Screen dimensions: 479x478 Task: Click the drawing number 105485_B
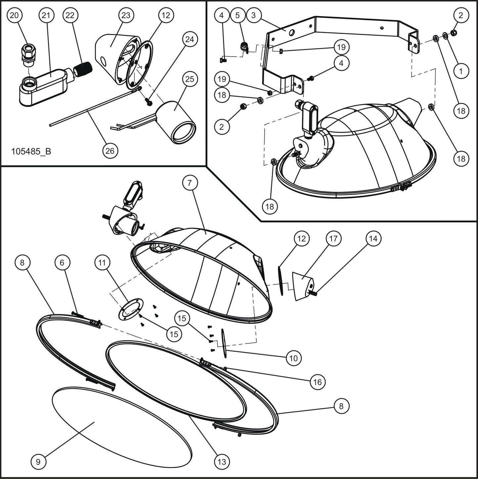coord(31,152)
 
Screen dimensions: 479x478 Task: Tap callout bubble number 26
coord(110,151)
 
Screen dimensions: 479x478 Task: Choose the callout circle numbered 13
coord(222,461)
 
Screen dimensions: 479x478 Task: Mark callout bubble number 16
coord(317,382)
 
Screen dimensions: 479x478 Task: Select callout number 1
coord(461,70)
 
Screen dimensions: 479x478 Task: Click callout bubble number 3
coord(253,15)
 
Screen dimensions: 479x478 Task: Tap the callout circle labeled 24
coord(190,39)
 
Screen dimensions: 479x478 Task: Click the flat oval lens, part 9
coord(122,423)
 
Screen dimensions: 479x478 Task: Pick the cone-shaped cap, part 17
coord(303,285)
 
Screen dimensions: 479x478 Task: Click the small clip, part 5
coord(244,47)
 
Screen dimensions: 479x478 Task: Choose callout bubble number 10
coord(293,358)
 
